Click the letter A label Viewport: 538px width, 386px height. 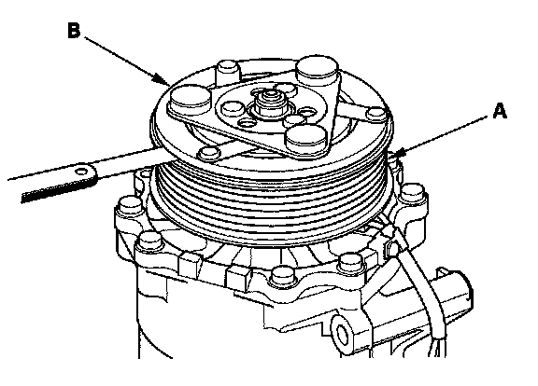(500, 111)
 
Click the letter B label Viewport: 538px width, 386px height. (74, 30)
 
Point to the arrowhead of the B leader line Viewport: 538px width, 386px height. (164, 80)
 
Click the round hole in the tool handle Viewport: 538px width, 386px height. (82, 171)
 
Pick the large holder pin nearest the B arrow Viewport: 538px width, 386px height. (191, 97)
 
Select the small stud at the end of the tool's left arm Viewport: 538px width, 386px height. (209, 152)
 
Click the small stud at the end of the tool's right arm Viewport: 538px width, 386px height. (376, 114)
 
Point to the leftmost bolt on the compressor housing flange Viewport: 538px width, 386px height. (130, 207)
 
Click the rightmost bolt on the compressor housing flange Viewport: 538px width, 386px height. (413, 194)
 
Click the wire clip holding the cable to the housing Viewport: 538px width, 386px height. (392, 247)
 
